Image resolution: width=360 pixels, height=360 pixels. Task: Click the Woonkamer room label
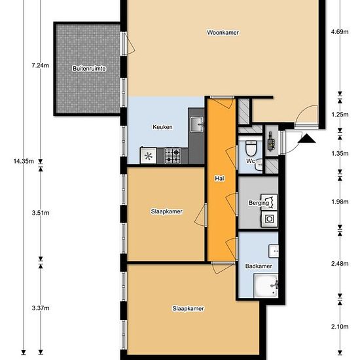click(223, 33)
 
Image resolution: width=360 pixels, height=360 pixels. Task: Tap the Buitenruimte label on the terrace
click(89, 69)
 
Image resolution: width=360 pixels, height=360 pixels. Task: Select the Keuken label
click(162, 127)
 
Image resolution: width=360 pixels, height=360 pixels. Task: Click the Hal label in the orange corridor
click(219, 179)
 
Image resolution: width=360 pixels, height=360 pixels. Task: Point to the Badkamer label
click(259, 266)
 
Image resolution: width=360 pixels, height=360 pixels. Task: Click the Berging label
click(259, 203)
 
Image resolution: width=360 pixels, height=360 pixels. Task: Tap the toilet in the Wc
click(251, 149)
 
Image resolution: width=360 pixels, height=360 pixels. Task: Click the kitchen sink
click(197, 124)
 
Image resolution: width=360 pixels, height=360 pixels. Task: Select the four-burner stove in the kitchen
click(172, 156)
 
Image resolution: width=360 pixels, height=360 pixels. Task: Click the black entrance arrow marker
click(306, 139)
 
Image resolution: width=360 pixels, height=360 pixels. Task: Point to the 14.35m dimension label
click(24, 161)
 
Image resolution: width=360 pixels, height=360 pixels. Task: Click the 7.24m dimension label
click(41, 65)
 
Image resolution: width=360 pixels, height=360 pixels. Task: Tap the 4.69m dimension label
click(340, 32)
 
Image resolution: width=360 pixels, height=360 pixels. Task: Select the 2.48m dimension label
click(340, 264)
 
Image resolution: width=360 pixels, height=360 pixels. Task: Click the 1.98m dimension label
click(340, 202)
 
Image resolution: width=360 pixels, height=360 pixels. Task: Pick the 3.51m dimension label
click(41, 213)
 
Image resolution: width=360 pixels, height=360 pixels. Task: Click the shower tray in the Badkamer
click(266, 285)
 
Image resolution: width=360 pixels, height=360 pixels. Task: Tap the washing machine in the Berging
click(269, 219)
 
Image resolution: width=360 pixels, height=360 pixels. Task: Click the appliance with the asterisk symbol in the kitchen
click(149, 156)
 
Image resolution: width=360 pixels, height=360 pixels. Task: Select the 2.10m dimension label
click(340, 327)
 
